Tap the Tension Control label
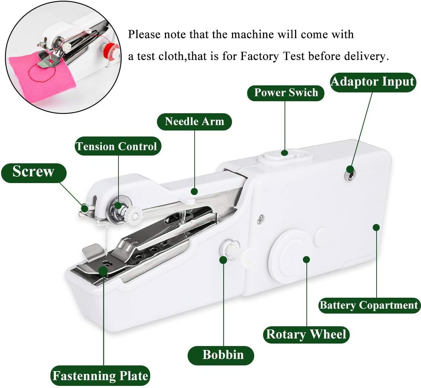pos(118,146)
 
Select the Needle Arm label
pos(194,122)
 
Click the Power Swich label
pos(286,93)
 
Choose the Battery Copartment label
pos(369,305)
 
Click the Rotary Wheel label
pos(306,334)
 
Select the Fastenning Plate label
pos(100,376)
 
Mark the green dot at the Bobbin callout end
pos(223,260)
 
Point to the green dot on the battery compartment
pos(376,228)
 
